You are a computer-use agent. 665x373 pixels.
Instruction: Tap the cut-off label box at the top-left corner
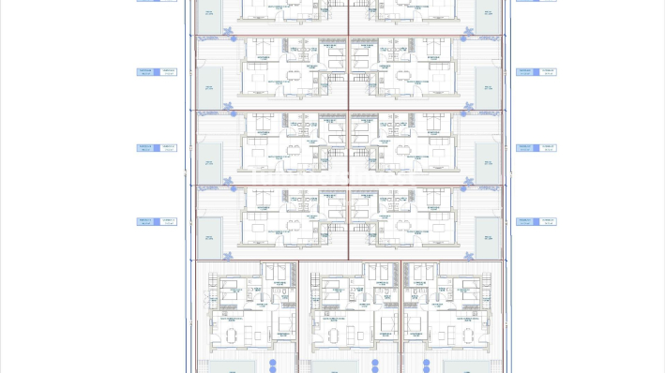point(157,1)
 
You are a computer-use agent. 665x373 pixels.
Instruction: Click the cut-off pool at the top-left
point(208,9)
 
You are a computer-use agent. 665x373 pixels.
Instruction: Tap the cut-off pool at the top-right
point(485,9)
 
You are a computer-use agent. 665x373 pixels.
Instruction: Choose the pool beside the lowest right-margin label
point(485,235)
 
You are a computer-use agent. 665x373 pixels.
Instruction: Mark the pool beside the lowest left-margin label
point(208,235)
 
